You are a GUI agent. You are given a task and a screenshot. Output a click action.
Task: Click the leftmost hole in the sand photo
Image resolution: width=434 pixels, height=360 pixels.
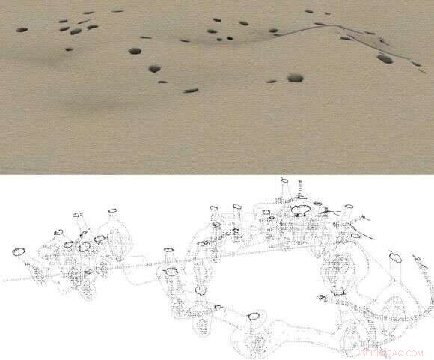[x=21, y=29]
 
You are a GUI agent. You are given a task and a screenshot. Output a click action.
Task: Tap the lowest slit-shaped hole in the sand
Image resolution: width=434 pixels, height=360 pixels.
[x=191, y=91]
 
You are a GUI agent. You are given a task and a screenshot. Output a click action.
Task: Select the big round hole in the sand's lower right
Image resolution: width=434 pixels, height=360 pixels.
[x=295, y=77]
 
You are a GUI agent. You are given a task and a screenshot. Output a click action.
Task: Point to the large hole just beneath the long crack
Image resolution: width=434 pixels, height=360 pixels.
[x=384, y=58]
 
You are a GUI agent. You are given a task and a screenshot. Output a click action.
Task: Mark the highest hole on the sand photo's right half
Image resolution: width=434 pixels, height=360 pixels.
[x=309, y=12]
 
